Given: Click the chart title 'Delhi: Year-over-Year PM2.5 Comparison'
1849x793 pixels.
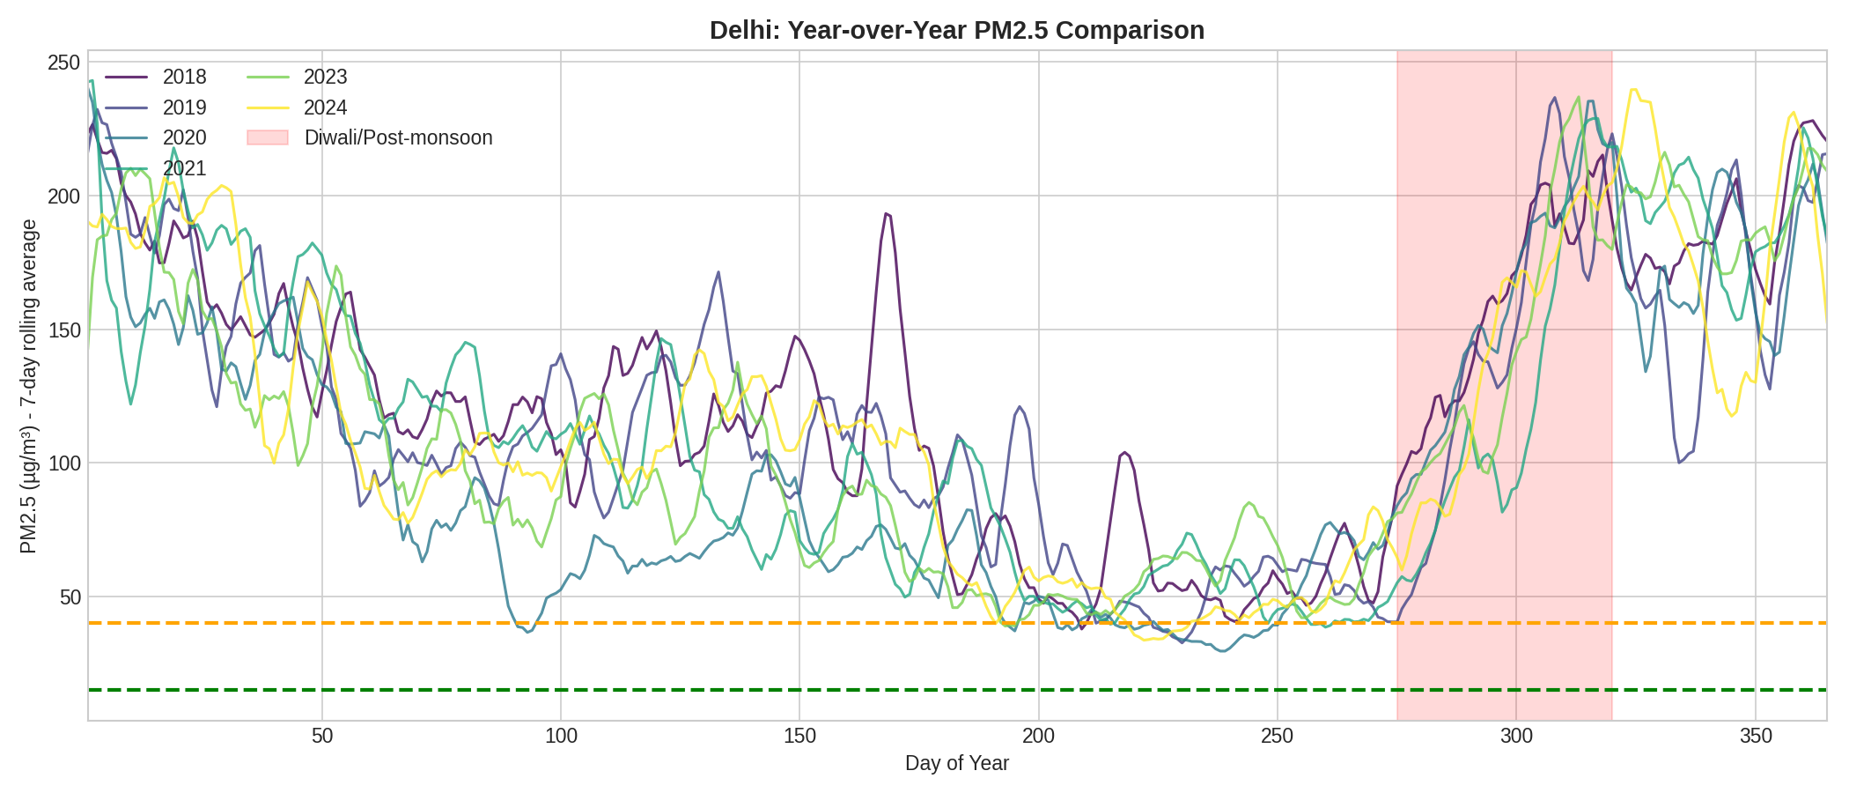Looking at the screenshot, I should pos(956,30).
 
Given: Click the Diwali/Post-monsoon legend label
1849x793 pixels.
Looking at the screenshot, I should pos(398,137).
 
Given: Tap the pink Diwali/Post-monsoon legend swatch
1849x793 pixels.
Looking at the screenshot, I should pos(268,137).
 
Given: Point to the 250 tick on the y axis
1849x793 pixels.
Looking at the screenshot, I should pos(63,63).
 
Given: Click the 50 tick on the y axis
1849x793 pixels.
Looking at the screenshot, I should pos(70,597).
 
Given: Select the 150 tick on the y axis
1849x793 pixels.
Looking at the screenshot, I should pos(63,330).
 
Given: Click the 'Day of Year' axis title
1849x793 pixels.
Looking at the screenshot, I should pos(956,763).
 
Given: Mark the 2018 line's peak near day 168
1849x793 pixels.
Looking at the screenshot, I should pos(886,213).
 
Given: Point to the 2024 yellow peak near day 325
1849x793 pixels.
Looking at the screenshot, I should pos(1634,89).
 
